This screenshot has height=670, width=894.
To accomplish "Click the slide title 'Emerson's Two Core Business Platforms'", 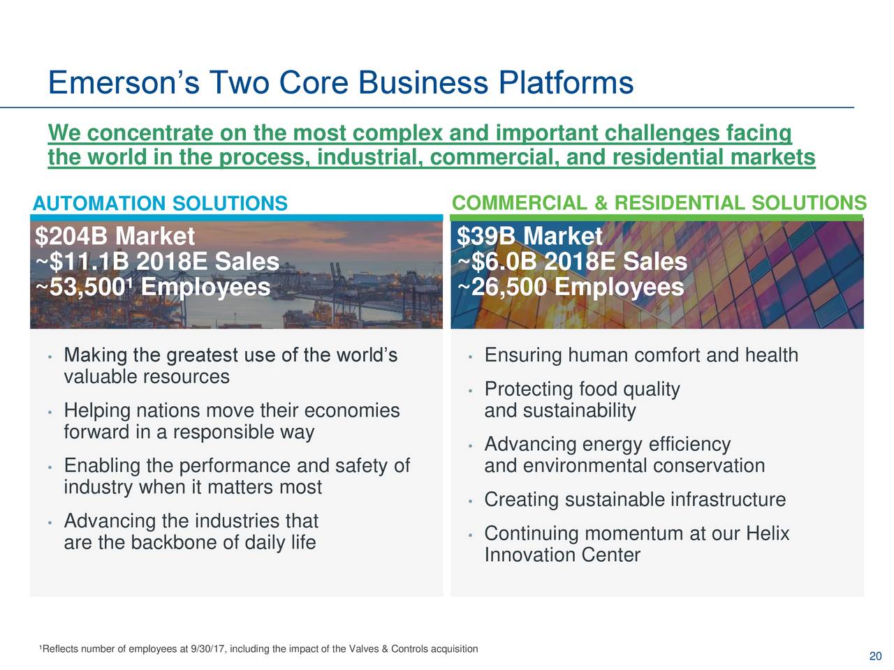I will [x=340, y=84].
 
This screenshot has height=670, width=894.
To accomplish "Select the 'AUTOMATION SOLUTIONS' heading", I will [x=160, y=204].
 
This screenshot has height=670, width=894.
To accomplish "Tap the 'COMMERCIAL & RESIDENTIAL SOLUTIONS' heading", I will [x=659, y=203].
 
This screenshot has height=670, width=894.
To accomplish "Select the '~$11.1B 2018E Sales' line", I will [x=157, y=262].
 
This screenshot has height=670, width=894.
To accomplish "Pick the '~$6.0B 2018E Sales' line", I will [x=571, y=262].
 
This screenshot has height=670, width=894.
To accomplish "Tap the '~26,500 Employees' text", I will [x=570, y=288].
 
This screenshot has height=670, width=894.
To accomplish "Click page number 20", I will [x=875, y=656].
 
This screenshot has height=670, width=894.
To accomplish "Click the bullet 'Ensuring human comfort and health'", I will [x=640, y=356].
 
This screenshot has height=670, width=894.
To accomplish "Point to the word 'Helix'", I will [x=767, y=534].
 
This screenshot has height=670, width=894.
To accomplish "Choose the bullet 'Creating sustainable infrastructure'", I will [x=634, y=500].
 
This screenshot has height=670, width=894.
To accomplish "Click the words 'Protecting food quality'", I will [x=581, y=389].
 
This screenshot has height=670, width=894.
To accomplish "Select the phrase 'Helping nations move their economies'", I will [x=231, y=410].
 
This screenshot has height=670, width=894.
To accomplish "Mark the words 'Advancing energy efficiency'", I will [x=607, y=445].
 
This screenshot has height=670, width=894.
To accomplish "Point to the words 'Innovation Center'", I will [x=562, y=556].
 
